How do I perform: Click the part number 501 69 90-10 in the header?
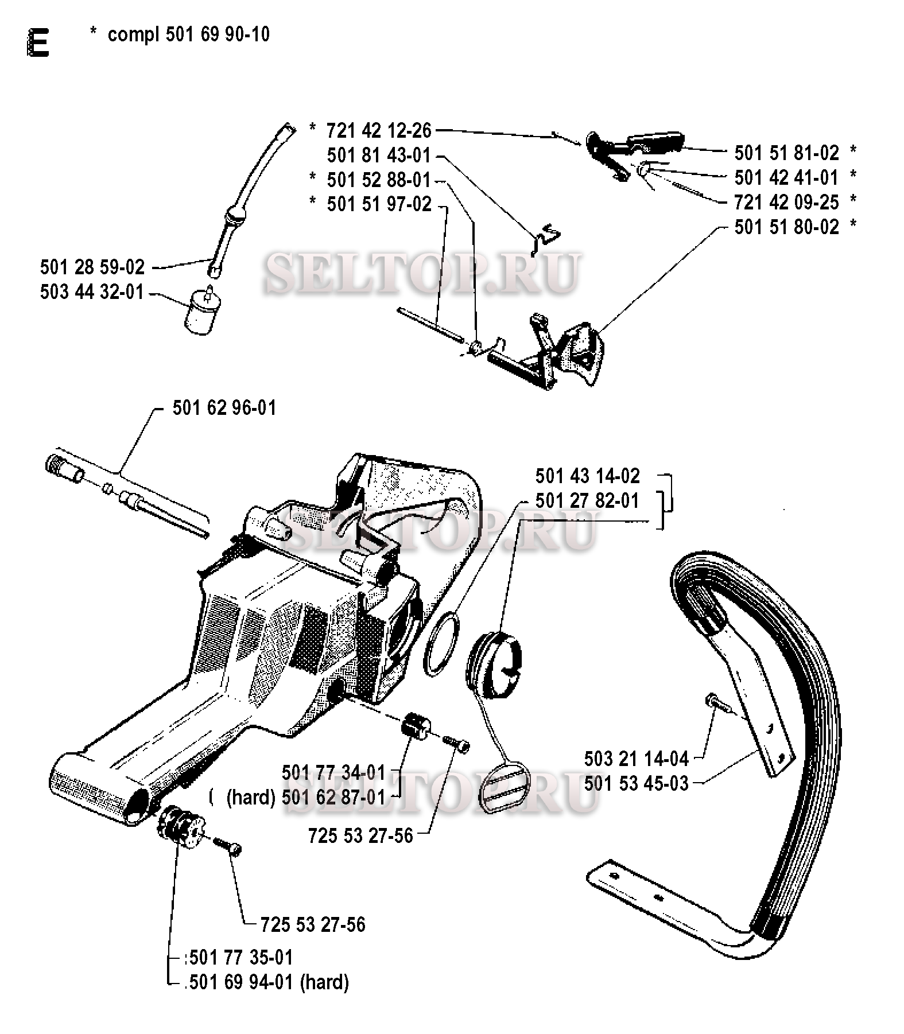point(218,34)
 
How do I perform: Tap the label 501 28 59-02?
point(92,267)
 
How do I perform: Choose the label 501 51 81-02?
point(787,153)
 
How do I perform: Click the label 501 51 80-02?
point(787,227)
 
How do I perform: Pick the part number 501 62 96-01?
point(224,407)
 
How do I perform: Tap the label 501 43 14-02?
point(588,476)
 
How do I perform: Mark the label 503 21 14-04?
point(637,759)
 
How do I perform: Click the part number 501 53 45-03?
point(637,783)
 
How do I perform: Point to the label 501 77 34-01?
point(334,772)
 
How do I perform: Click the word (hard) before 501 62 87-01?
point(251,797)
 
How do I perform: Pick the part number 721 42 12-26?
point(379,130)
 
